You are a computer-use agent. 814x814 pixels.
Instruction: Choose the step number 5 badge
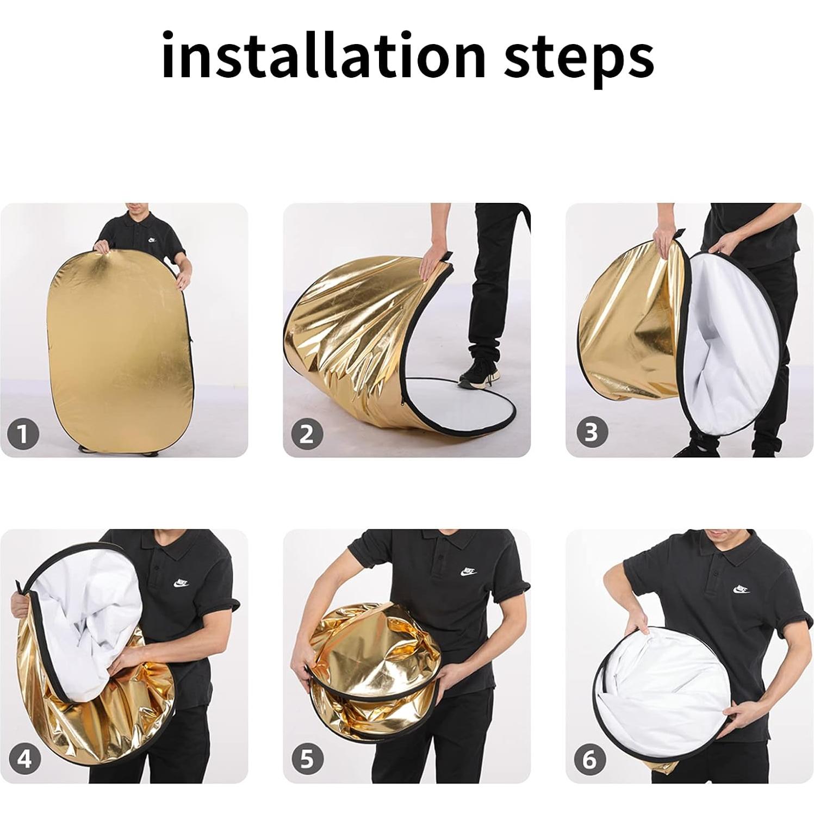[308, 759]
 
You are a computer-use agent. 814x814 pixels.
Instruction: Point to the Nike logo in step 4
[182, 584]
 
